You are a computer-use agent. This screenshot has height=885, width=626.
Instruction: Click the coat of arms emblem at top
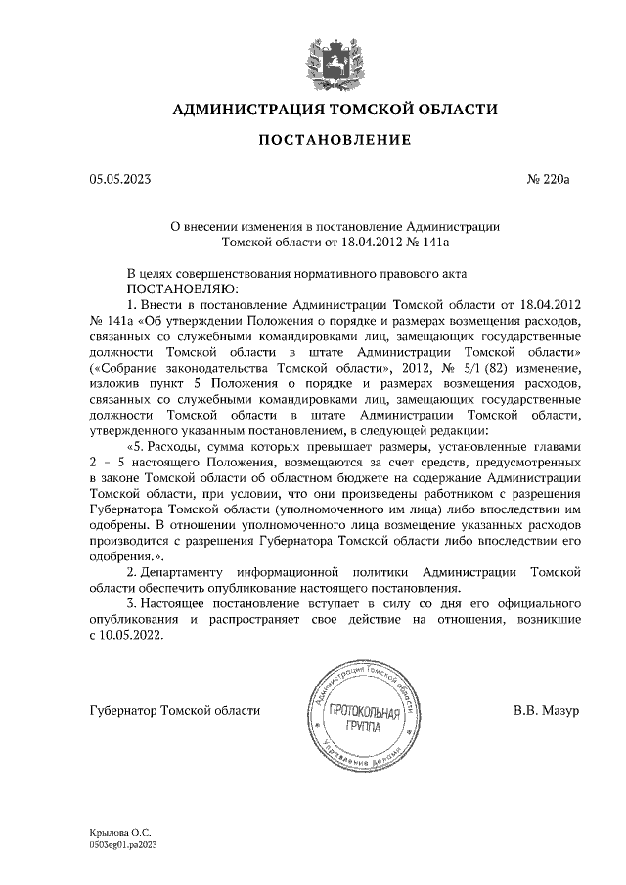tap(324, 55)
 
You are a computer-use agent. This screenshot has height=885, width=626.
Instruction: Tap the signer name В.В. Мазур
tap(546, 708)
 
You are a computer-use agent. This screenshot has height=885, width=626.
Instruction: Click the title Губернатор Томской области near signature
tap(174, 708)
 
